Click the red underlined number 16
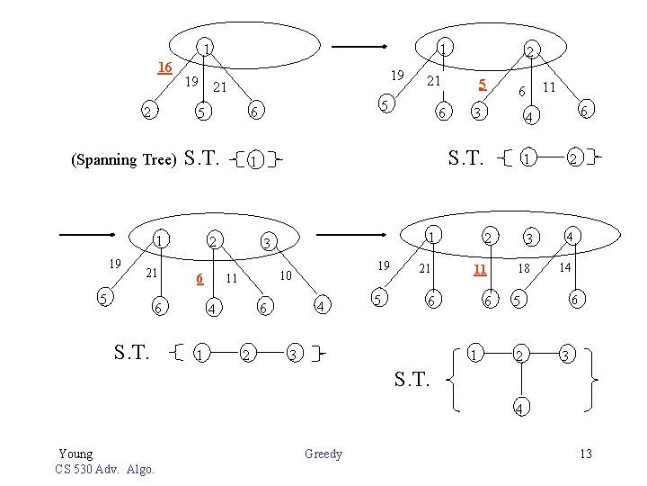[x=164, y=67]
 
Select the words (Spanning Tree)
[x=123, y=161]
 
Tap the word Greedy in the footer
[x=323, y=454]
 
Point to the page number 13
[x=585, y=454]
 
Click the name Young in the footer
[x=75, y=454]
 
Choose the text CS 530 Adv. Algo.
[x=104, y=469]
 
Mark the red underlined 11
[x=481, y=269]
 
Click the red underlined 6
[x=199, y=279]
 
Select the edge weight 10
[x=286, y=274]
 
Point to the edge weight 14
[x=563, y=268]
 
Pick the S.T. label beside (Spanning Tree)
[x=202, y=159]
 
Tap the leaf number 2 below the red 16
[x=146, y=112]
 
